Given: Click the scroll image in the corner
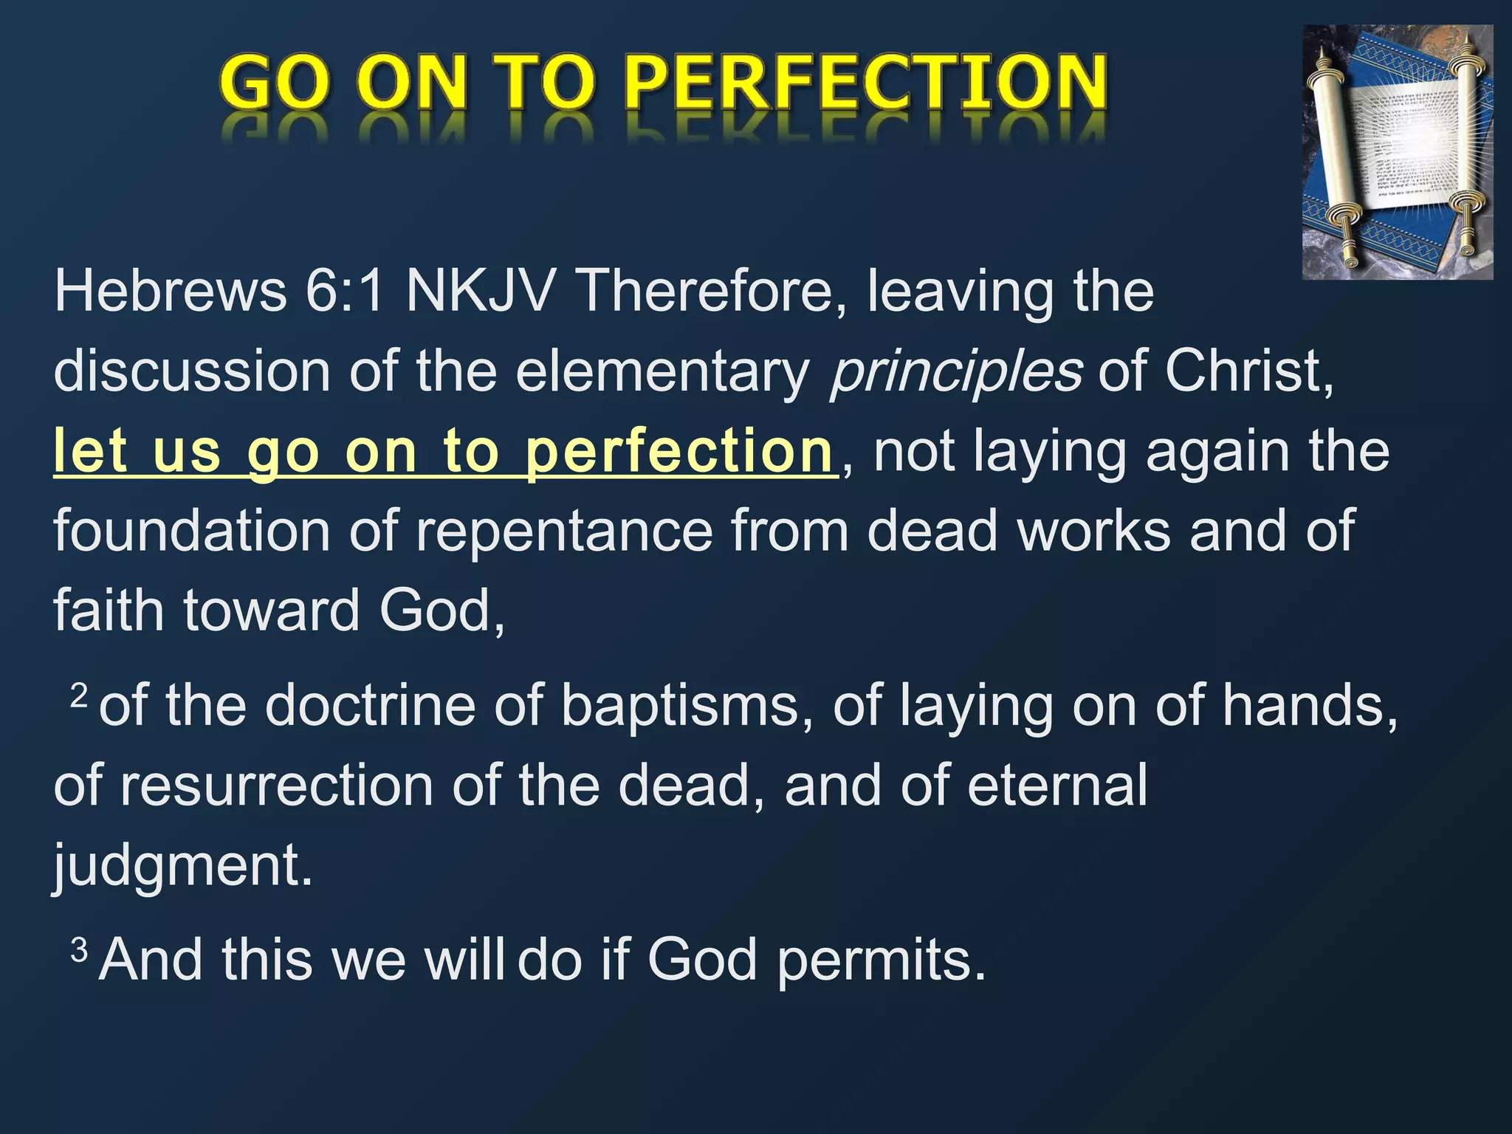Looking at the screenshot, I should (1397, 152).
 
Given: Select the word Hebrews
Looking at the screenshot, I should (171, 292).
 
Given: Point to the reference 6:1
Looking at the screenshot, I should (345, 292).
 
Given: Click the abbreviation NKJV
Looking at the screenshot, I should (480, 292).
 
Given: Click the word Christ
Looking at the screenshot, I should (1248, 371).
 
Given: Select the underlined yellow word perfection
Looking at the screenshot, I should (679, 452).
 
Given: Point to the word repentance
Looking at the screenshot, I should (565, 531).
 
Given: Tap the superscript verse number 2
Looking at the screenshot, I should (79, 695).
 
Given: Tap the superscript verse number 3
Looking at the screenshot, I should (79, 949).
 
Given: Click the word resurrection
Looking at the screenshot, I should (277, 786).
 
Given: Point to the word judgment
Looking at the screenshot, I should (182, 865).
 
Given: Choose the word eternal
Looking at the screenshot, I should (1056, 786).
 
